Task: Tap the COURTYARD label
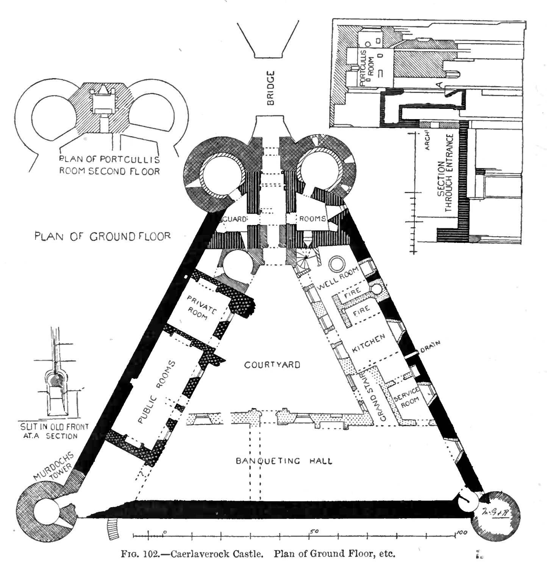pos(272,365)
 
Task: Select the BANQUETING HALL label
pos(284,461)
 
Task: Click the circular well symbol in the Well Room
pos(337,264)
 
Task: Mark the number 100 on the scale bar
pos(461,533)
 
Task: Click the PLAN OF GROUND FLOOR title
pos(103,236)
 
